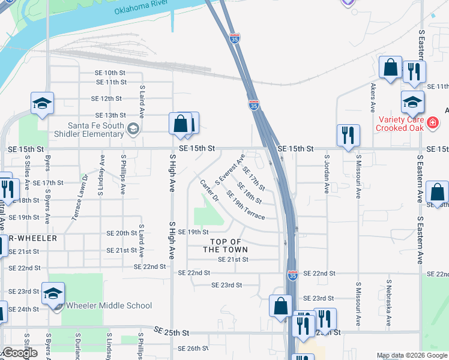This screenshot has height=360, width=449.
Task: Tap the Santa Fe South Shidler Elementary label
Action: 96,129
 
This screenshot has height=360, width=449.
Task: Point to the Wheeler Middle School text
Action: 109,305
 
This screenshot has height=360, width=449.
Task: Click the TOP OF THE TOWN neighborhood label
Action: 222,245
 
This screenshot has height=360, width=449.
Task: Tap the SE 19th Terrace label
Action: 246,205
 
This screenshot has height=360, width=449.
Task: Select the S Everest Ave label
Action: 230,169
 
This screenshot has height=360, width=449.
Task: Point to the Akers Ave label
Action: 373,98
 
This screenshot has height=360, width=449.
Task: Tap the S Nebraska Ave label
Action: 389,302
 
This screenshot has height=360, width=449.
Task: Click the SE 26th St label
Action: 193,348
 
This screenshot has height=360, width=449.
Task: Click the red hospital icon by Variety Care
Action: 433,124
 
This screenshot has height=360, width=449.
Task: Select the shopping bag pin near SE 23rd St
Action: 280,307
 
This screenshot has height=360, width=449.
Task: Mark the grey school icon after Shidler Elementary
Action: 133,129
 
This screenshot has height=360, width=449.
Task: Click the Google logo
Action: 20,353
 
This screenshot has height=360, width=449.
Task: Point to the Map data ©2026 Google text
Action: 412,355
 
